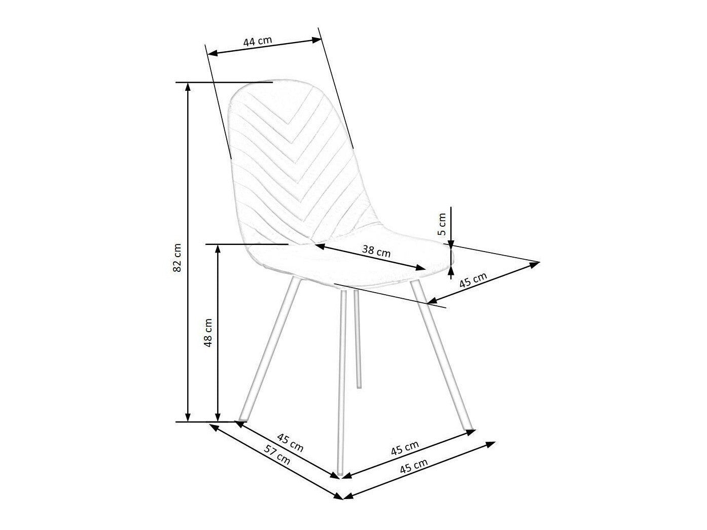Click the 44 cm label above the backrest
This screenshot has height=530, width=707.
tap(257, 41)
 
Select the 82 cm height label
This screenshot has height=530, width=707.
tap(177, 257)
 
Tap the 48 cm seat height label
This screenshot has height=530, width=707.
tap(208, 333)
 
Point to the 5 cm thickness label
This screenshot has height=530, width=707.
tap(442, 224)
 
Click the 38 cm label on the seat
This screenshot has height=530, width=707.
tap(376, 251)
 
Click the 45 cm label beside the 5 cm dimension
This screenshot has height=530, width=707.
tap(473, 280)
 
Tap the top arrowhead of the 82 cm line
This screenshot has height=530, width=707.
tap(188, 86)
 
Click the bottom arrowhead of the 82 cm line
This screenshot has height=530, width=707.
tap(188, 417)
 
